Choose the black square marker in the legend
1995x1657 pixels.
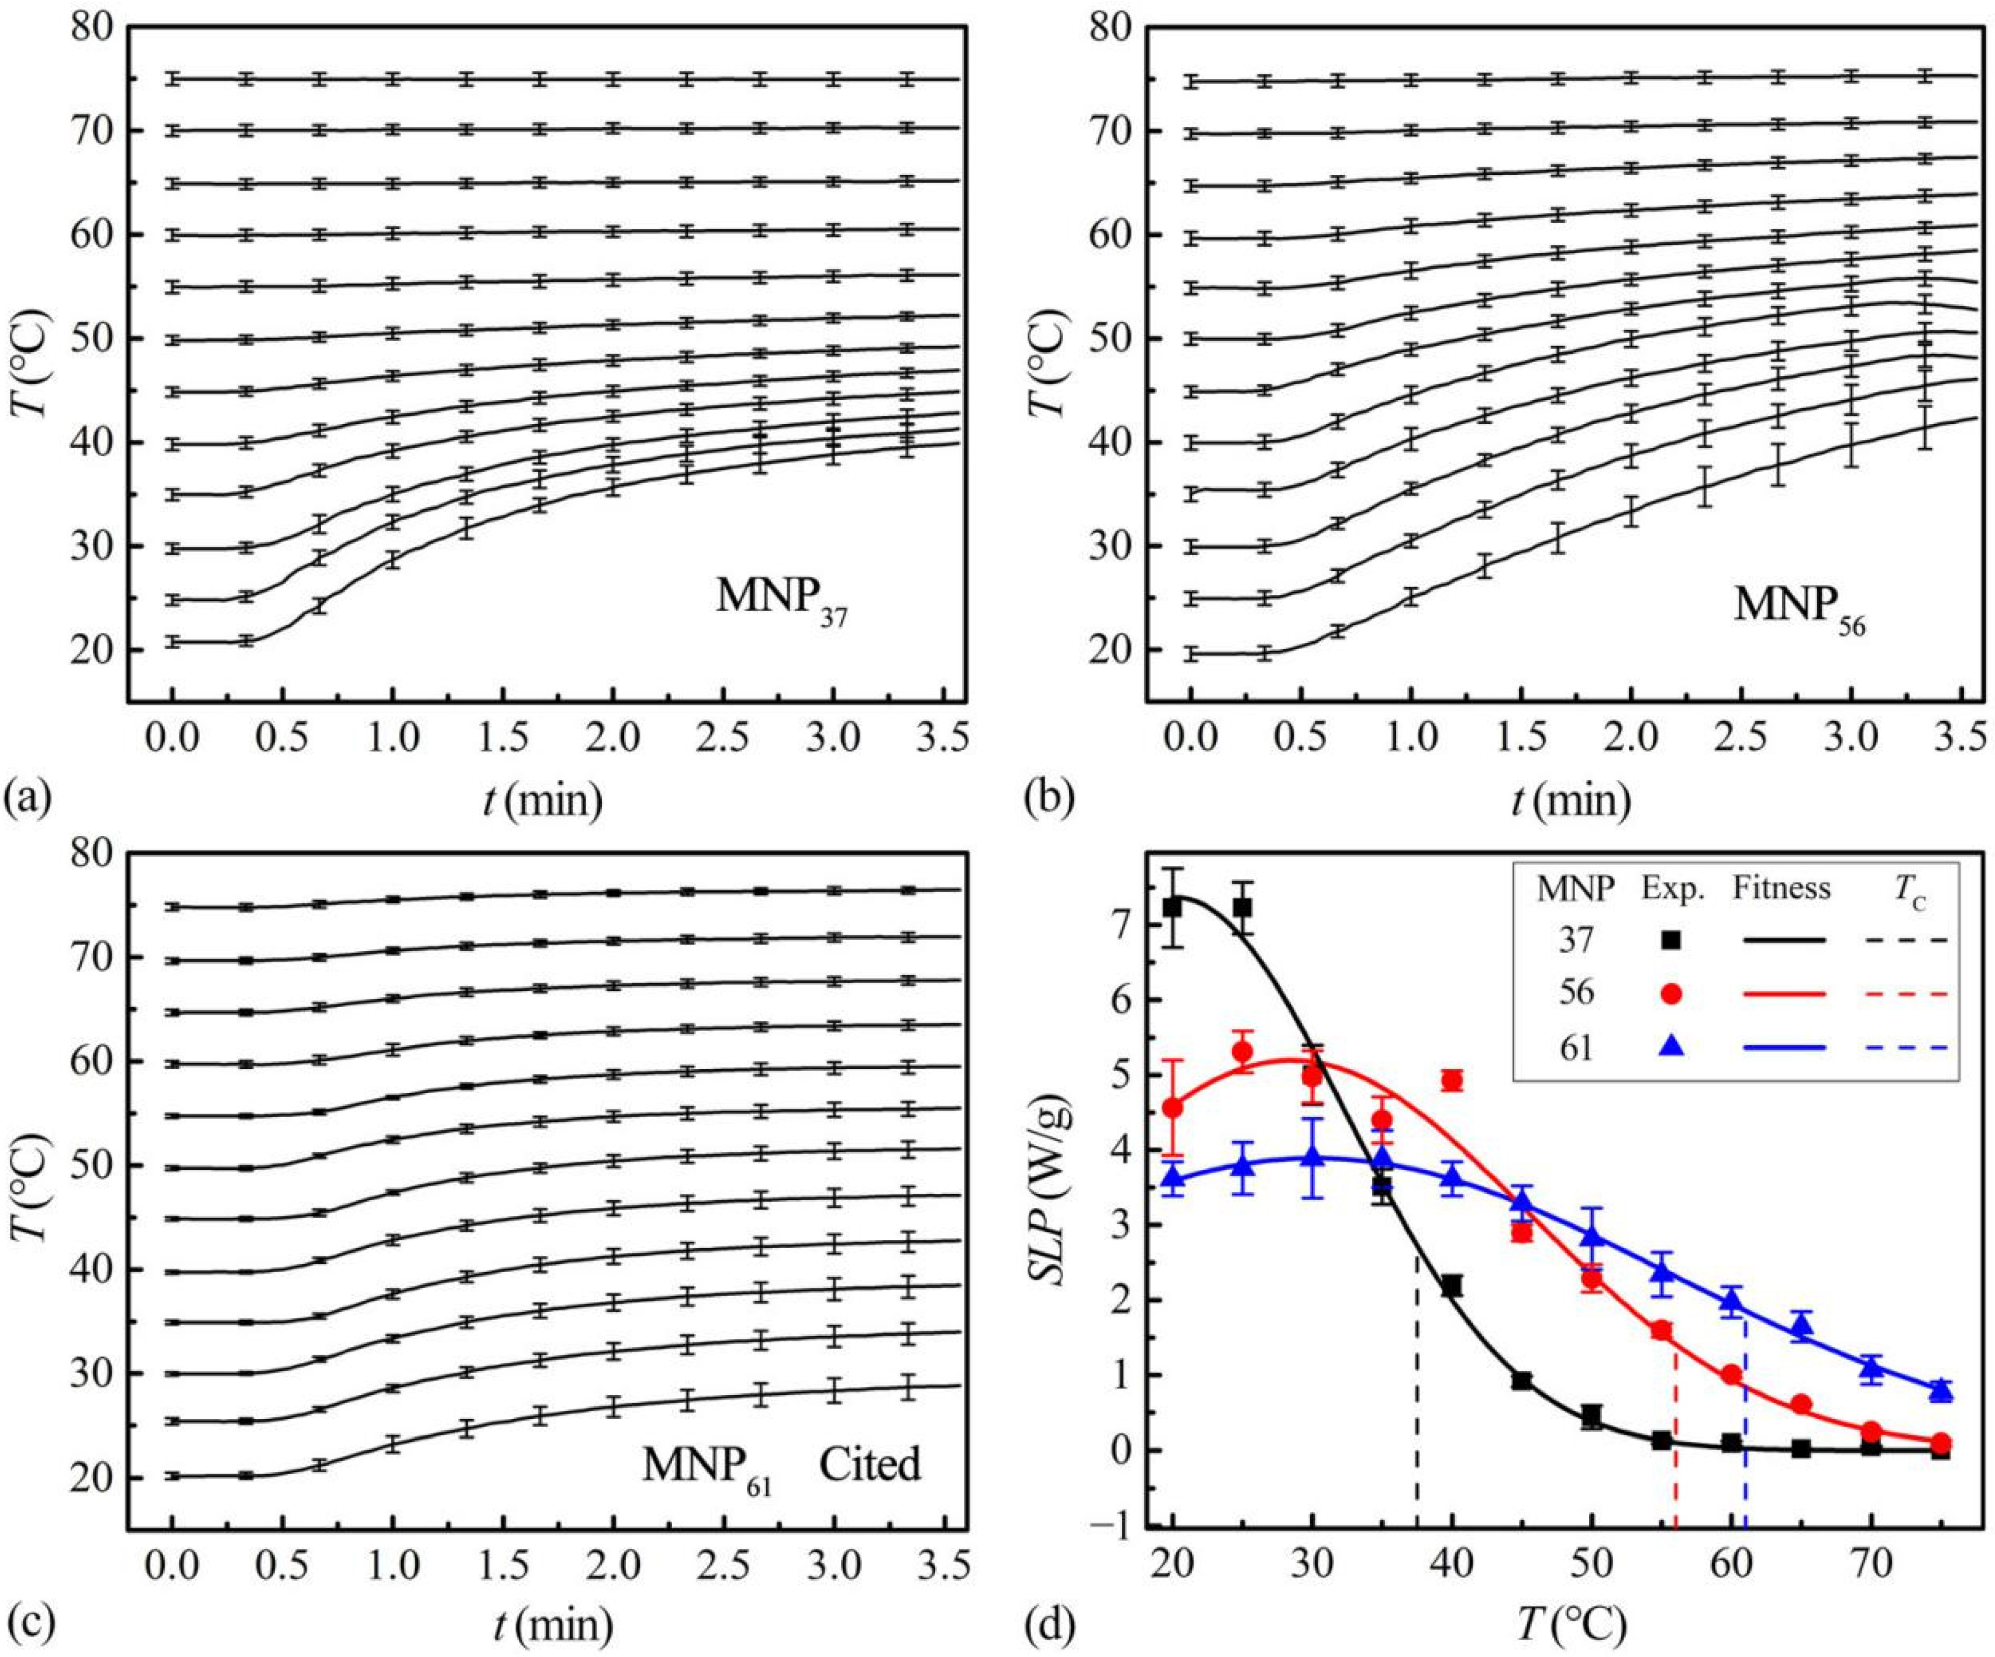[x=1672, y=940]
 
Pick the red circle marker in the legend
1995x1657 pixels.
[x=1672, y=994]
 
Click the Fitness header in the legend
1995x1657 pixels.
[x=1782, y=888]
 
